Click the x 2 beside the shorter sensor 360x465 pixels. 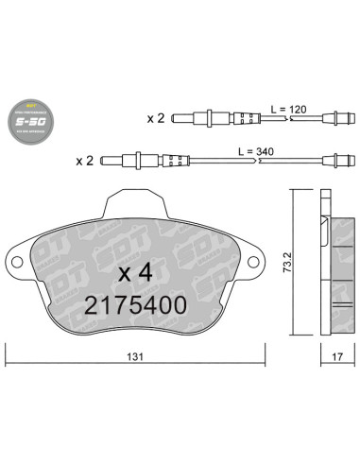point(157,119)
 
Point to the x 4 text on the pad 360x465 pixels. point(135,273)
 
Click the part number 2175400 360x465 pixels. point(135,306)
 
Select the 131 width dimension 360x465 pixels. point(135,357)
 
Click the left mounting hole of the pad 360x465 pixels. point(16,263)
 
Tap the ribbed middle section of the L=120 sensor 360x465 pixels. point(245,119)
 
